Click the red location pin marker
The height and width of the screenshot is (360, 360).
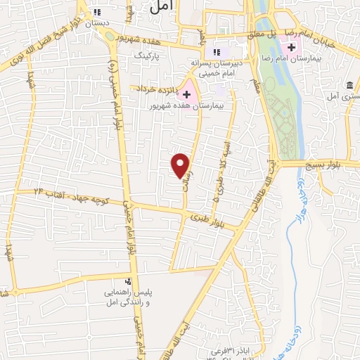click(181, 165)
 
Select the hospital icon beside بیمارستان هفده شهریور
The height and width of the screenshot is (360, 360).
click(186, 94)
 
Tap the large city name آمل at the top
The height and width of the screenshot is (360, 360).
click(160, 6)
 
